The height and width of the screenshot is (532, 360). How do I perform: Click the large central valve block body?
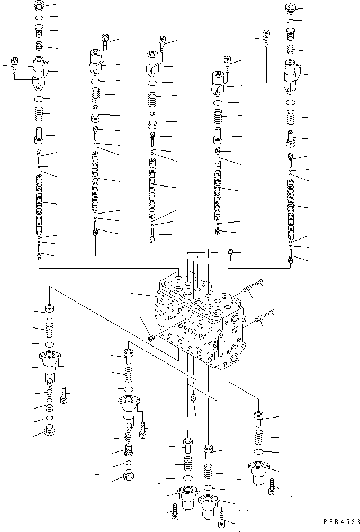199,323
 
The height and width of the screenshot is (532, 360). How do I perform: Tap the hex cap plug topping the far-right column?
290,8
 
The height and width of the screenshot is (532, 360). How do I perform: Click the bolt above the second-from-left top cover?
105,41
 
